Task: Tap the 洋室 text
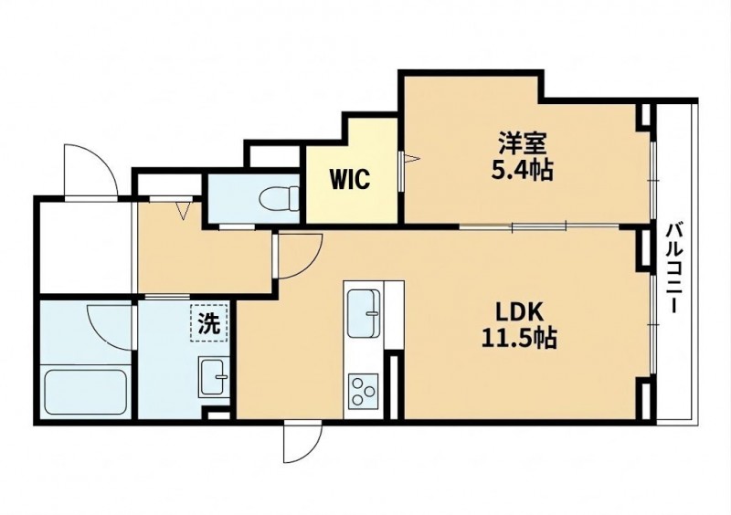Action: tap(522, 143)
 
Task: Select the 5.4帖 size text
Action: tap(522, 170)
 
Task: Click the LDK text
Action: tap(519, 311)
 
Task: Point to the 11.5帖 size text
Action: tap(519, 339)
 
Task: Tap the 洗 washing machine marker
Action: tap(209, 323)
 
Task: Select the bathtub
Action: tap(85, 393)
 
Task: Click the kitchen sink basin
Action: tap(363, 312)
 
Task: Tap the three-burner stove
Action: tap(363, 391)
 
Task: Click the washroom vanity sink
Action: tap(214, 376)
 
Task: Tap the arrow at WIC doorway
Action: tap(412, 159)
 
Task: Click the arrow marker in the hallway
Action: tap(185, 210)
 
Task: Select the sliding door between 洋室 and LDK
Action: tap(539, 227)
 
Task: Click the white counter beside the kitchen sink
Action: tap(393, 314)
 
